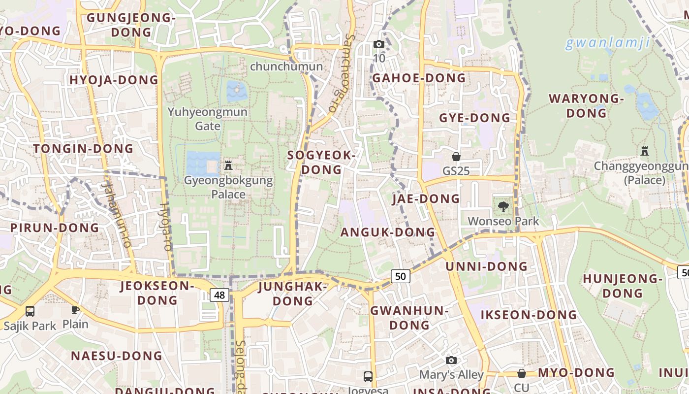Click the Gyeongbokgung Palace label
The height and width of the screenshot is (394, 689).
pyautogui.click(x=228, y=187)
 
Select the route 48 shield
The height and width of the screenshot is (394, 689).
pyautogui.click(x=219, y=295)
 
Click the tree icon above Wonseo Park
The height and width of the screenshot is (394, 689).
pyautogui.click(x=503, y=207)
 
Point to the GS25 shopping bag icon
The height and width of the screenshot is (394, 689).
pyautogui.click(x=456, y=157)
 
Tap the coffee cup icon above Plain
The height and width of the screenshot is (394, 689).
pyautogui.click(x=75, y=310)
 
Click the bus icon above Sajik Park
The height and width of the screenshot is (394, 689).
pyautogui.click(x=30, y=311)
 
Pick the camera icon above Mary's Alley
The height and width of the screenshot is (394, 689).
pyautogui.click(x=451, y=360)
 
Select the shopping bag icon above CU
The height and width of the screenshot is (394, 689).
pyautogui.click(x=521, y=373)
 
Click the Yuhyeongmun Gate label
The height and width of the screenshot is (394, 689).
pyautogui.click(x=208, y=119)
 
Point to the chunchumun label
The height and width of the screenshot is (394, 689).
pyautogui.click(x=286, y=66)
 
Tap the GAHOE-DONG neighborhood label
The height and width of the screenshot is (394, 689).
pyautogui.click(x=419, y=78)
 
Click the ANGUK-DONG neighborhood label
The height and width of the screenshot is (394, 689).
pyautogui.click(x=388, y=232)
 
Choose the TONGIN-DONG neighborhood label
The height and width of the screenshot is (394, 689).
pyautogui.click(x=84, y=148)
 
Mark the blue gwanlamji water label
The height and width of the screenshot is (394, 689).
pyautogui.click(x=607, y=43)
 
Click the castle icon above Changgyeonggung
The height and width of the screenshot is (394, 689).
pyautogui.click(x=645, y=151)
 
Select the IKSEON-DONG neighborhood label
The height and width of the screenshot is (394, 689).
pyautogui.click(x=529, y=315)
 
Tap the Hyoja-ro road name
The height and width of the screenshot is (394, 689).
pyautogui.click(x=166, y=227)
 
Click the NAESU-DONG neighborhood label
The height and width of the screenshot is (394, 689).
pyautogui.click(x=117, y=356)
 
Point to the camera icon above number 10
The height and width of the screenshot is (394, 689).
pyautogui.click(x=378, y=44)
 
